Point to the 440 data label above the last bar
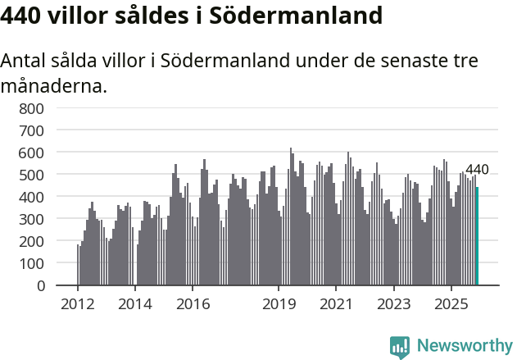[x=477, y=170]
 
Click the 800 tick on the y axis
[x=32, y=108]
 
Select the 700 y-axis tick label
[x=32, y=130]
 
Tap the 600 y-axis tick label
[x=32, y=153]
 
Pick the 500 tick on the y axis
[x=32, y=175]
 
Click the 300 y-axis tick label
[x=32, y=219]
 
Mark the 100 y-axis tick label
[x=32, y=263]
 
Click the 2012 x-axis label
[x=78, y=304]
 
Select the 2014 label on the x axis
[x=135, y=304]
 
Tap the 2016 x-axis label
[x=193, y=304]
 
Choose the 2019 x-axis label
[x=279, y=304]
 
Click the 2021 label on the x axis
[x=336, y=304]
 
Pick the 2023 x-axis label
[x=393, y=304]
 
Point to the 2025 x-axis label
[x=451, y=304]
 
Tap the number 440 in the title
[x=22, y=16]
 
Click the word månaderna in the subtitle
[x=53, y=84]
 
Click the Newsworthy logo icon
[x=400, y=347]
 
